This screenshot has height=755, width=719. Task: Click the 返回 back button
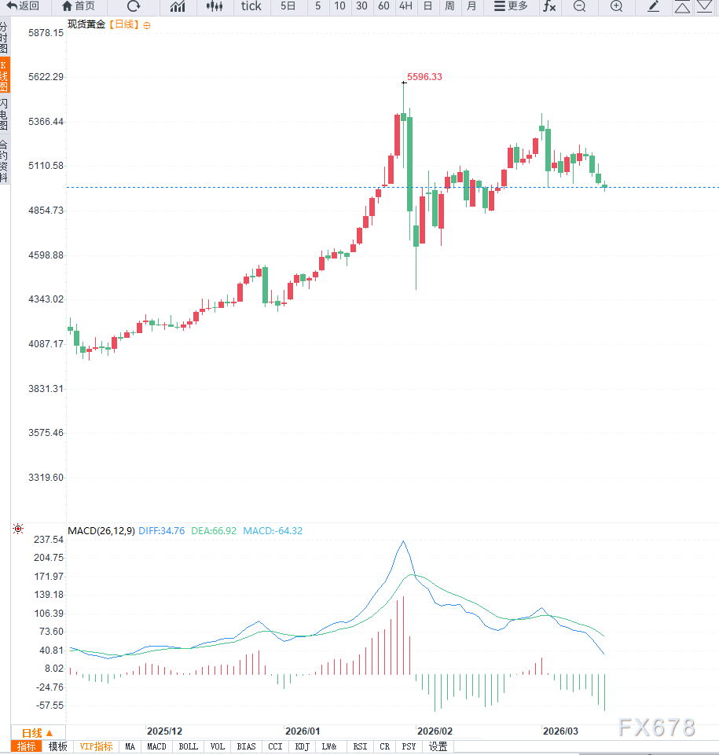point(24,6)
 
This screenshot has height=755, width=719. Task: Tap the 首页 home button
point(79,6)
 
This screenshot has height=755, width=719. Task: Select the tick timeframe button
point(251,6)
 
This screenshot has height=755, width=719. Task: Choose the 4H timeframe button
point(405,6)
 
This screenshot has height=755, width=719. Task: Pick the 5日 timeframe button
point(288,6)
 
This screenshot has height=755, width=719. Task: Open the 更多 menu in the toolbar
point(511,6)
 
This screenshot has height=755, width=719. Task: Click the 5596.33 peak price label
point(424,77)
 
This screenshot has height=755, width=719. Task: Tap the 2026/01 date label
point(302,731)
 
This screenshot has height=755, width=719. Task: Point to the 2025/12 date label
point(165,731)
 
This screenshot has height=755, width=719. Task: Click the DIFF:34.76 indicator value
point(162,531)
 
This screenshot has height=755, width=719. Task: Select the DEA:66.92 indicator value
point(215,531)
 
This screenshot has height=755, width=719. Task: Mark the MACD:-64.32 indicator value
point(273,531)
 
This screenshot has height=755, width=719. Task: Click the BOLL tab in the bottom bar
point(189,747)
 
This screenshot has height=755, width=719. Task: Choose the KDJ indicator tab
point(303,747)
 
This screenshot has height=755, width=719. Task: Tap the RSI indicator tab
point(360,747)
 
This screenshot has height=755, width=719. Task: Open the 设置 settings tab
point(438,747)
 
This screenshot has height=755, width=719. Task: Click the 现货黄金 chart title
point(86,24)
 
